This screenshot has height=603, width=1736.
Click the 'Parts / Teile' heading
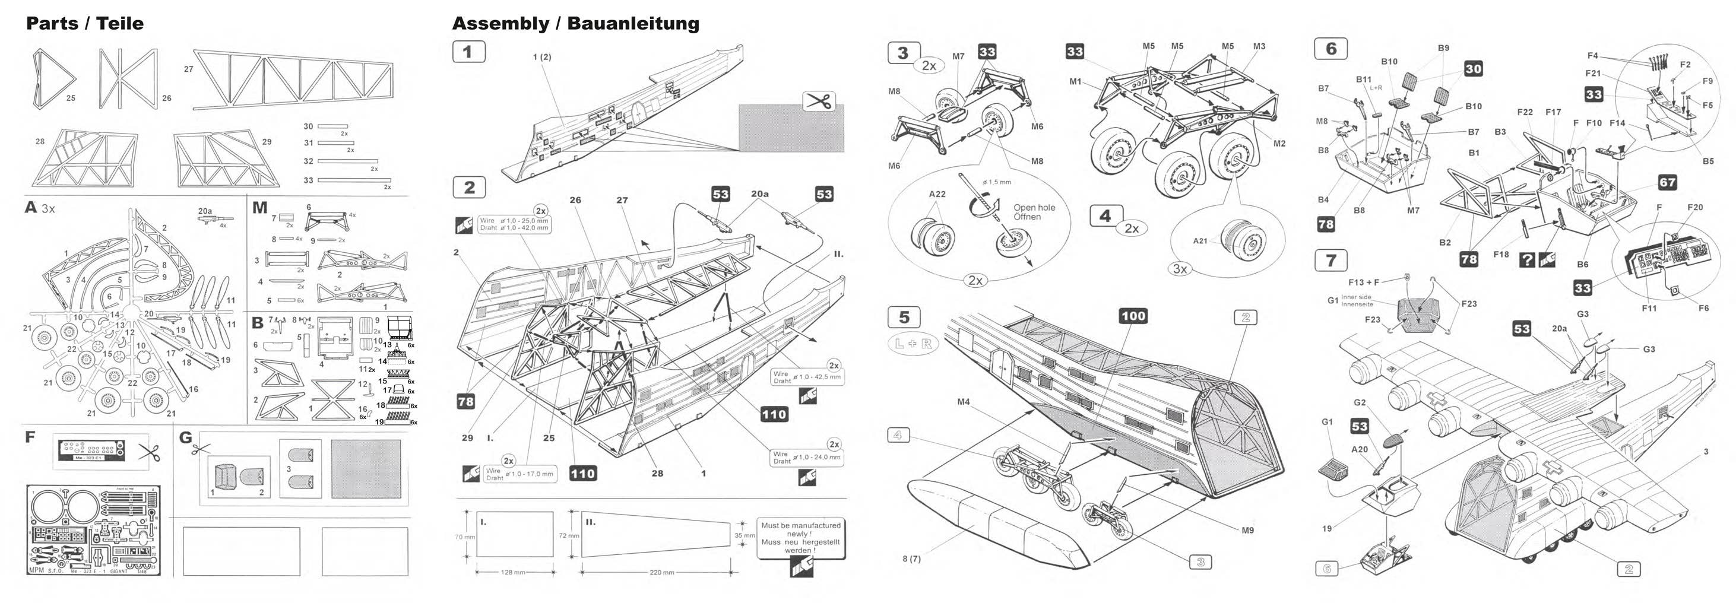85,24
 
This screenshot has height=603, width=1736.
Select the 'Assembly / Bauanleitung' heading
575,24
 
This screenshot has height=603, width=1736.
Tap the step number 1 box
468,52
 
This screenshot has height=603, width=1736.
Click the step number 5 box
904,318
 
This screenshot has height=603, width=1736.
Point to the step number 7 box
1330,261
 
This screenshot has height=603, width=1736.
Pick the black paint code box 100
1133,316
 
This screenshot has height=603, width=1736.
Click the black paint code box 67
1667,183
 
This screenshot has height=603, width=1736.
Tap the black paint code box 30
1473,69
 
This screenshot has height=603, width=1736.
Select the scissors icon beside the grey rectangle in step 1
819,101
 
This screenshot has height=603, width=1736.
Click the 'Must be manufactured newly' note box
800,537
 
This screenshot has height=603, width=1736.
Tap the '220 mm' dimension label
661,573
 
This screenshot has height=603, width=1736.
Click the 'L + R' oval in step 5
913,344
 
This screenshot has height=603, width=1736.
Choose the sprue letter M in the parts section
259,208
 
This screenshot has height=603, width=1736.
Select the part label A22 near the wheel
937,194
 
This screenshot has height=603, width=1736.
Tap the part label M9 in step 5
1247,530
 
